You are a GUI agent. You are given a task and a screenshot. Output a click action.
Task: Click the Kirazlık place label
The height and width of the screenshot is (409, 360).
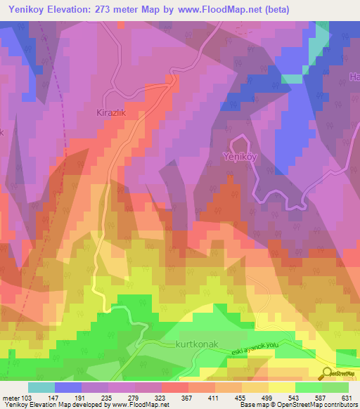[110, 112]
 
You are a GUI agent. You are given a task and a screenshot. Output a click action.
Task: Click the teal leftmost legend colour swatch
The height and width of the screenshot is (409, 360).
[41, 387]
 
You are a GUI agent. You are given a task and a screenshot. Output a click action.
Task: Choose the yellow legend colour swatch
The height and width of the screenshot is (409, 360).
[281, 387]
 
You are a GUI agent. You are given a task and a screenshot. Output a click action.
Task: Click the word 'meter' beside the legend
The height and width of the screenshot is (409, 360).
[11, 398]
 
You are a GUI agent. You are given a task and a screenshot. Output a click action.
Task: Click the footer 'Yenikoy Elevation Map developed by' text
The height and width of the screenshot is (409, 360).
[53, 405]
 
